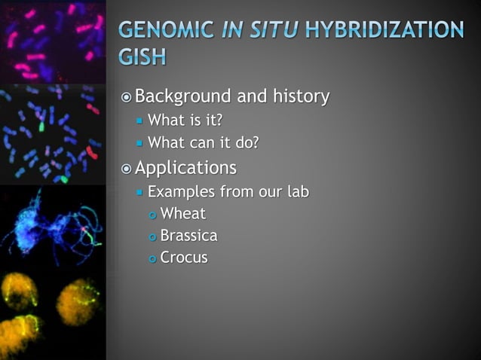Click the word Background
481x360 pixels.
183,97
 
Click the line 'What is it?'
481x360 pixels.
185,121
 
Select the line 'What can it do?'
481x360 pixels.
203,142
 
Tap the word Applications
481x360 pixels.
185,167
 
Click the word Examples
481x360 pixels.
179,191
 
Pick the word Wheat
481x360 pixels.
182,213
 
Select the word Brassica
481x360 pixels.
188,236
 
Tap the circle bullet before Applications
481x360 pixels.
127,168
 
